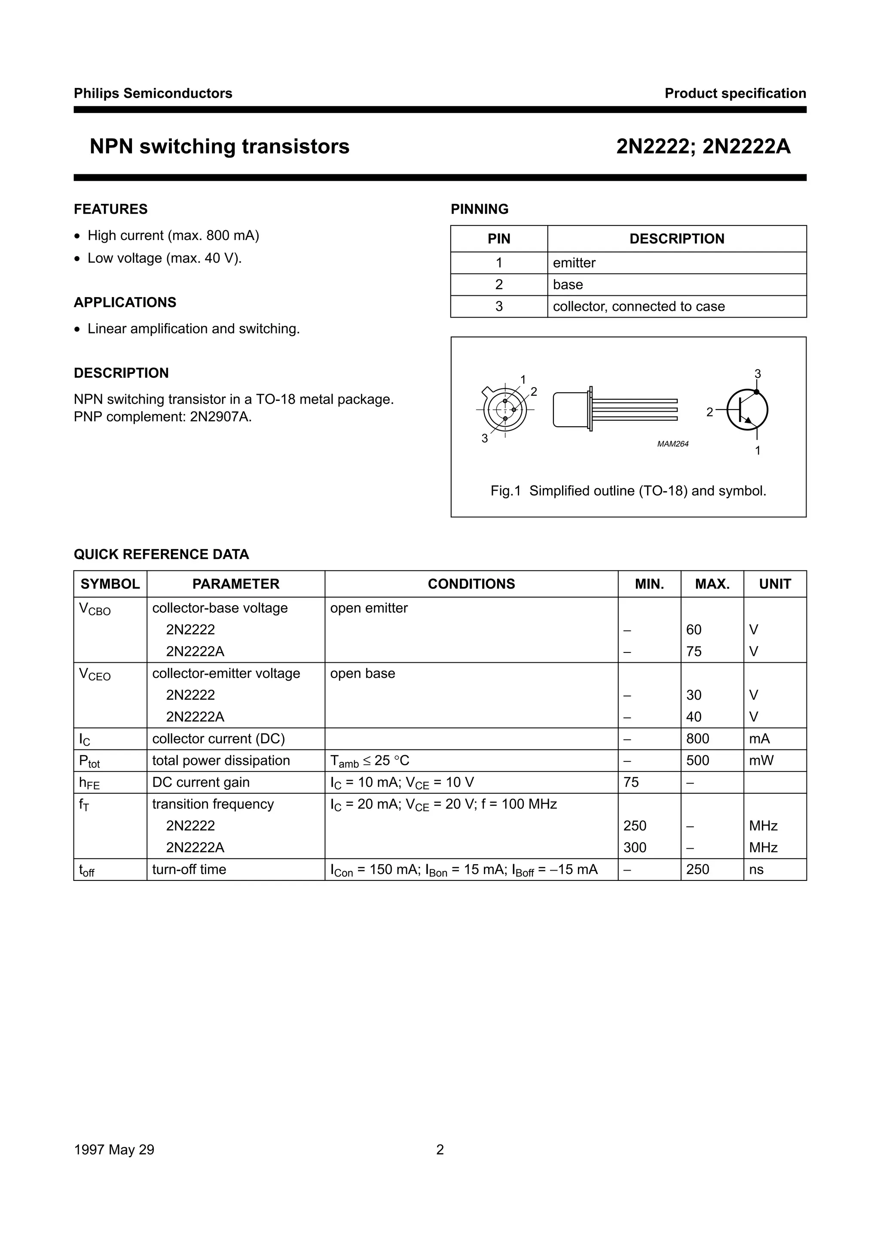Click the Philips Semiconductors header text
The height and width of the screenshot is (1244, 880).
pyautogui.click(x=153, y=93)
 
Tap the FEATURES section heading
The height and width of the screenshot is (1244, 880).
pyautogui.click(x=110, y=209)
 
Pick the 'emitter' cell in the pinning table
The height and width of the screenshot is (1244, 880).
pyautogui.click(x=574, y=263)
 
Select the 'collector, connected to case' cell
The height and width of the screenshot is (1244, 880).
pyautogui.click(x=638, y=306)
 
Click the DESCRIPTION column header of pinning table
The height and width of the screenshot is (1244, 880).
pyautogui.click(x=676, y=239)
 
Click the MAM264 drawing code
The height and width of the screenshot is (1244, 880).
pyautogui.click(x=672, y=444)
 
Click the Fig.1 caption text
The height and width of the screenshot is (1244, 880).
pyautogui.click(x=628, y=491)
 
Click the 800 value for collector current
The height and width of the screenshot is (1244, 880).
pyautogui.click(x=697, y=739)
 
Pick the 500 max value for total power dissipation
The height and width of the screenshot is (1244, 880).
pyautogui.click(x=697, y=761)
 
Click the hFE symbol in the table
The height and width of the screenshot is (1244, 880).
pyautogui.click(x=89, y=783)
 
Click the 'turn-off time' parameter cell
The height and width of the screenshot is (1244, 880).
pyautogui.click(x=189, y=870)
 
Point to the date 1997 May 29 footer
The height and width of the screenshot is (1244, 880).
pyautogui.click(x=114, y=1150)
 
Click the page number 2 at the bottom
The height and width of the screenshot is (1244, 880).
pyautogui.click(x=440, y=1150)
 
